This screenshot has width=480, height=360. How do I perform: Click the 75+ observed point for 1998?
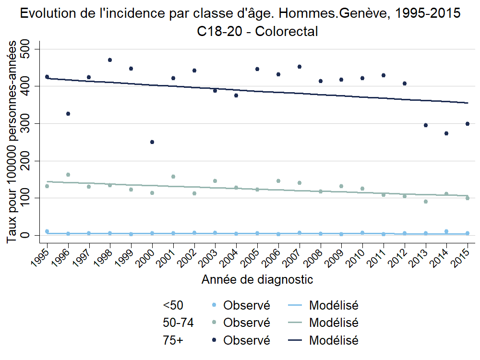(x=110, y=60)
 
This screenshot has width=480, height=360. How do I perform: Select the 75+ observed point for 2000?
(x=152, y=142)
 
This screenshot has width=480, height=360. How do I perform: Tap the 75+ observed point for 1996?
(x=68, y=114)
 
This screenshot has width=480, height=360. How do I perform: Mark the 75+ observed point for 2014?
(x=446, y=133)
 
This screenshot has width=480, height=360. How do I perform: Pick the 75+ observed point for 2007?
(x=300, y=67)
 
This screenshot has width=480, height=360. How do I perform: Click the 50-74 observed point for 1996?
(x=68, y=175)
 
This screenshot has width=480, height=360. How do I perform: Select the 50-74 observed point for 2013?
(x=425, y=202)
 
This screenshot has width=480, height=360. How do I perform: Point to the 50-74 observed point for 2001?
(x=173, y=177)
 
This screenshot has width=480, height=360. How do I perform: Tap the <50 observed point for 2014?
(x=446, y=231)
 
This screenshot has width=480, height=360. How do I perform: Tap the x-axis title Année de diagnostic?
(x=257, y=279)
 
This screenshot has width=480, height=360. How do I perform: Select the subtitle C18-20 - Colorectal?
(x=257, y=32)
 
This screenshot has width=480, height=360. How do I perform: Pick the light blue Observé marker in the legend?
(x=214, y=305)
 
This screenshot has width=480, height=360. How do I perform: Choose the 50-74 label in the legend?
(x=178, y=323)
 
